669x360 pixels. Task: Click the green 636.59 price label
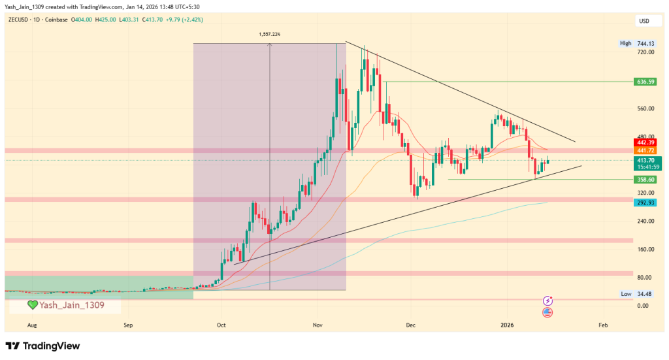644,82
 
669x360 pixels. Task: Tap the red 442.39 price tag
644,142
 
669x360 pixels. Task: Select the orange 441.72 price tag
644,150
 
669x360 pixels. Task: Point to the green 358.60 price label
644,179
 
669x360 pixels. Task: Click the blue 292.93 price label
644,203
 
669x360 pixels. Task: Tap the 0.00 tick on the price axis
644,306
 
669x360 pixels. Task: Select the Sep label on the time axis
128,324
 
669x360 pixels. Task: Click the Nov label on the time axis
318,324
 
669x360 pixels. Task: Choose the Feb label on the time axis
603,324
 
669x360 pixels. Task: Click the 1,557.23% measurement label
270,34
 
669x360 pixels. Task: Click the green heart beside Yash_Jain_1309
32,304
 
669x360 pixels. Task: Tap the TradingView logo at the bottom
42,346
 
